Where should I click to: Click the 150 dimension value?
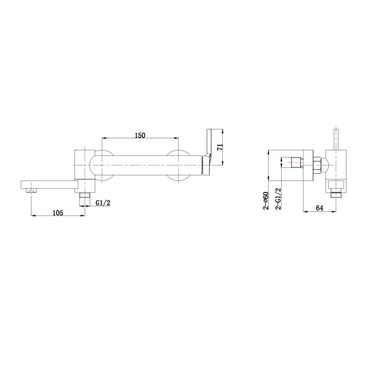(x=140, y=135)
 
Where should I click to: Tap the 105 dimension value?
(x=58, y=213)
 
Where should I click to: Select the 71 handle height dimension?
(x=220, y=147)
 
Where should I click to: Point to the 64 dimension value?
(x=320, y=208)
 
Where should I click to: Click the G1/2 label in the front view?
(x=103, y=203)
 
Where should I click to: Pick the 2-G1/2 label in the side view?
(x=278, y=199)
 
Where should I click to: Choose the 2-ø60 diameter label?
(x=266, y=201)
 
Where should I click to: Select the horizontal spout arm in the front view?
(x=50, y=184)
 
